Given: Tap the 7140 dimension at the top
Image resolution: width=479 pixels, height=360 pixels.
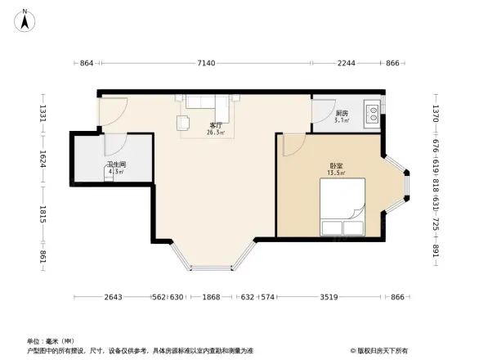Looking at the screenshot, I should coord(205,63).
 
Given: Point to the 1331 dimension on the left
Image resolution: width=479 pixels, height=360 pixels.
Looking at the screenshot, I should coord(43,113).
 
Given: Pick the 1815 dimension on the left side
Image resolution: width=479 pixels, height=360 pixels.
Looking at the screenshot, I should coord(43,215).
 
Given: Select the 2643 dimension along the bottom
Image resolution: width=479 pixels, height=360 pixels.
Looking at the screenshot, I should coord(114,297).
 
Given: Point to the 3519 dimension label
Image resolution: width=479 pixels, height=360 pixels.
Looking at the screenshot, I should coord(329,297).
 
